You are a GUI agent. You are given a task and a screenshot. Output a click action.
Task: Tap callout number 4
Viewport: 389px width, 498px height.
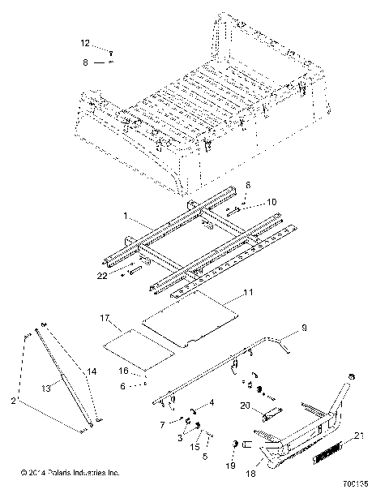(x=212, y=402)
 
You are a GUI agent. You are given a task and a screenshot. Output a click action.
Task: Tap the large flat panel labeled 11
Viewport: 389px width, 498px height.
(x=190, y=320)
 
